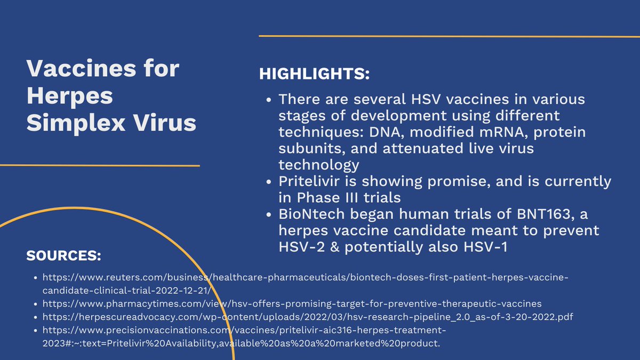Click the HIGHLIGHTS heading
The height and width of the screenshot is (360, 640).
coord(314,74)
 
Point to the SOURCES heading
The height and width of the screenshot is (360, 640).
coord(63,256)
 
